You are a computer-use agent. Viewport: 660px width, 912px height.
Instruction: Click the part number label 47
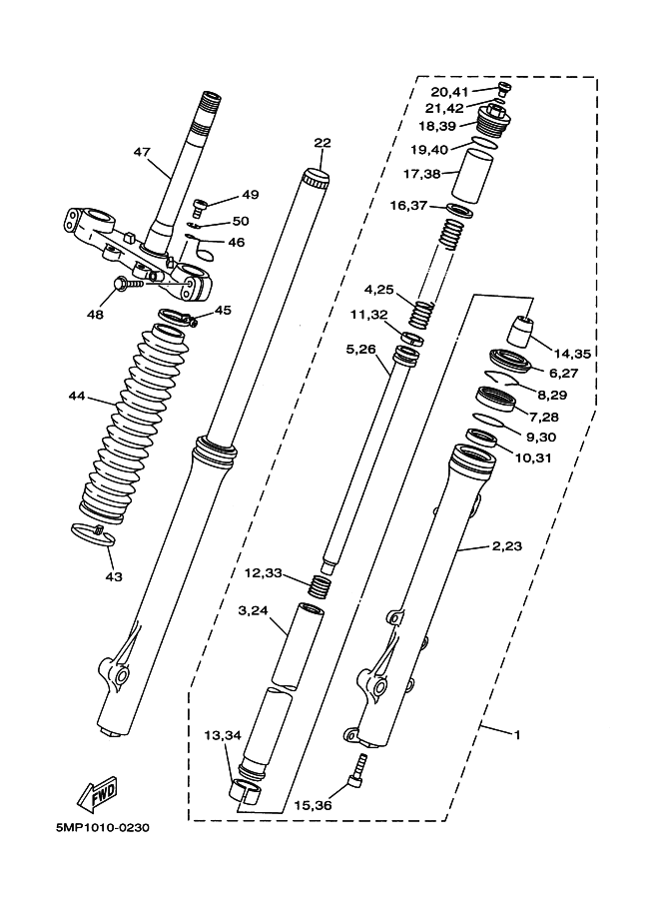coord(142,153)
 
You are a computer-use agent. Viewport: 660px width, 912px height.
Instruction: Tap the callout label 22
coord(322,142)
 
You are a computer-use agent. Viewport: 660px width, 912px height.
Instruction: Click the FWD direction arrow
coord(98,795)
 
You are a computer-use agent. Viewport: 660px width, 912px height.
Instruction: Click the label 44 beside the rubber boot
coord(77,397)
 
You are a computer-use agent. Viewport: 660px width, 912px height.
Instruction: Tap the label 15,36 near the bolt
coord(317,804)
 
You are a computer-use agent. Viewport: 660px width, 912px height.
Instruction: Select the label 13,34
coord(223,735)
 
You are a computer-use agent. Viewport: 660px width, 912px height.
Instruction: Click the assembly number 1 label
coord(517,735)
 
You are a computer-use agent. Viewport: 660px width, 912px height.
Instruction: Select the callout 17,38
coord(421,172)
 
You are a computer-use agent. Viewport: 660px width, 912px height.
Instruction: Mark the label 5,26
coord(360,350)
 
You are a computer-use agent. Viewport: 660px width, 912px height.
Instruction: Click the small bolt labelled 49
coord(199,208)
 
